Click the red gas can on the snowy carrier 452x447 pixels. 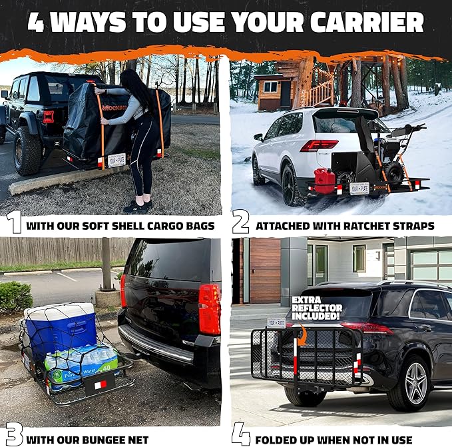tap(324, 181)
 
